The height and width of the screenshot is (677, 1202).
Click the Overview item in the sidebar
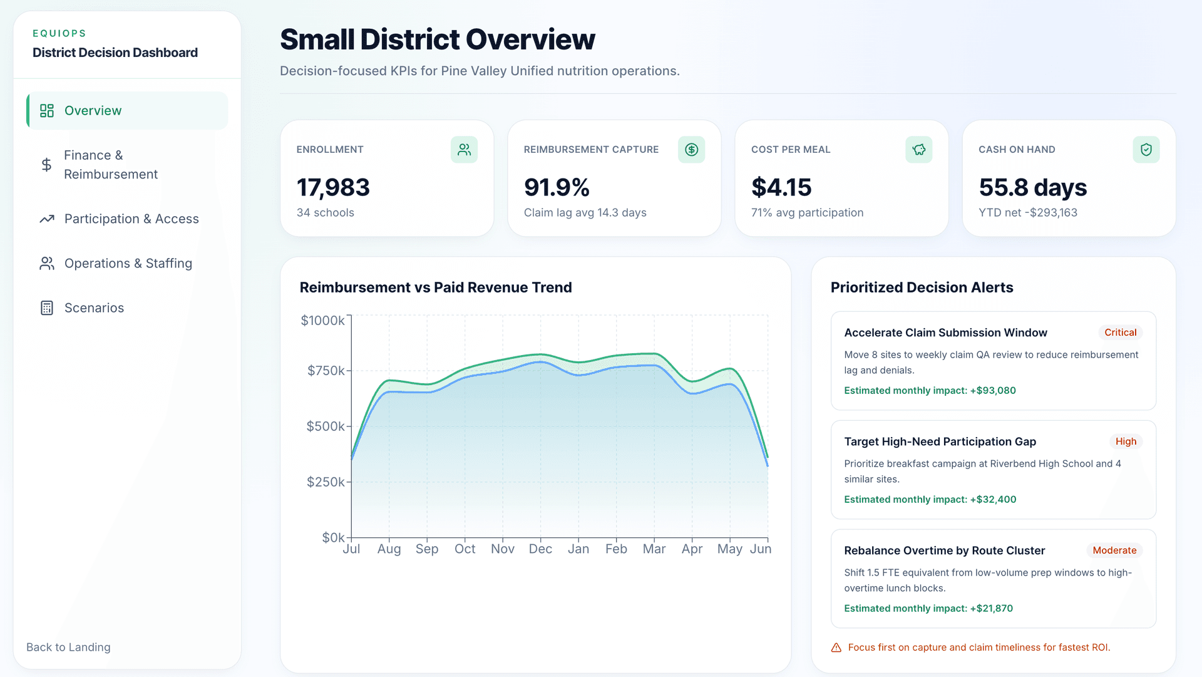[93, 111]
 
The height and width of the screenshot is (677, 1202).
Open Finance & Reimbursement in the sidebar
[110, 165]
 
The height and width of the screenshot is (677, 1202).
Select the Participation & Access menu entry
[131, 219]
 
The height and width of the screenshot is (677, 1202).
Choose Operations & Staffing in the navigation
[128, 264]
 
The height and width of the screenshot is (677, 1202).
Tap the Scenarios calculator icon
[47, 308]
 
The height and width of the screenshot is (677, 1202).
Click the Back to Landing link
[68, 648]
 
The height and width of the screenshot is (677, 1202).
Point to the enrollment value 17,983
[333, 187]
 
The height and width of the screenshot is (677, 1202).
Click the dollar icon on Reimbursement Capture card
[691, 150]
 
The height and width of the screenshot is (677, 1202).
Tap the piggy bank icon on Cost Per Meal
[918, 150]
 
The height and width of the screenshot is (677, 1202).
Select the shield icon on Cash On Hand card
[1146, 150]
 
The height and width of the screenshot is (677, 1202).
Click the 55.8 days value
[1032, 187]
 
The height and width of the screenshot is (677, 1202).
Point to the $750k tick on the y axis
[326, 371]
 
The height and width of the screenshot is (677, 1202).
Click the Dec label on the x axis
[540, 549]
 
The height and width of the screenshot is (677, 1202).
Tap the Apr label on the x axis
[692, 549]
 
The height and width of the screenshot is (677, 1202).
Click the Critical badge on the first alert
[1120, 333]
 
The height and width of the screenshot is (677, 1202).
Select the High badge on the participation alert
[1126, 442]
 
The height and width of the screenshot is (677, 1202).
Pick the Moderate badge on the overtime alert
[1114, 550]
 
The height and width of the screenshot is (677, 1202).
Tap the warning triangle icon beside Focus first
[836, 648]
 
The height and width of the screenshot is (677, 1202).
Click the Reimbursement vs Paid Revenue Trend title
[436, 287]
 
